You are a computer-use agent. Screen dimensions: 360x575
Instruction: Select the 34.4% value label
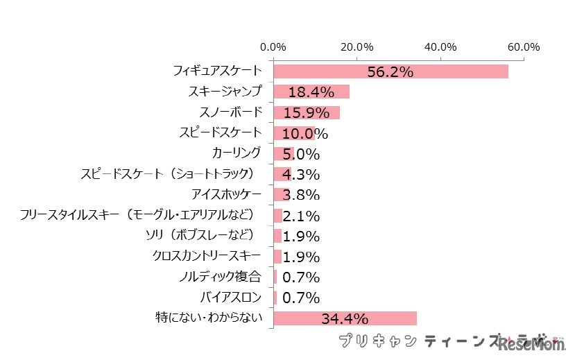point(344,319)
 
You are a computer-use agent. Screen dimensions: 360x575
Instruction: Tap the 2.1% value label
point(301,216)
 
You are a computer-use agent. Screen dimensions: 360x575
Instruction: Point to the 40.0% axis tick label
point(440,47)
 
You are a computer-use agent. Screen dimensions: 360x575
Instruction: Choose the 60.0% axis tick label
point(523,47)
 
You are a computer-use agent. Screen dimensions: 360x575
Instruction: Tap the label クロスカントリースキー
point(207,256)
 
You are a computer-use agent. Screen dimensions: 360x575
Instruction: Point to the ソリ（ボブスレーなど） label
point(200,235)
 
